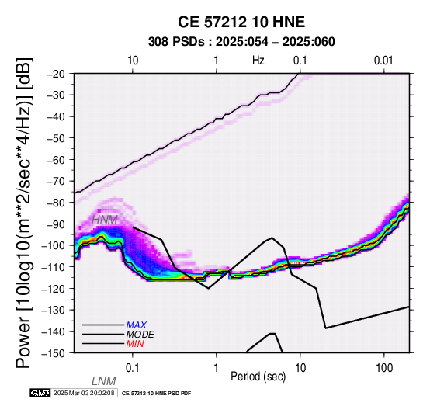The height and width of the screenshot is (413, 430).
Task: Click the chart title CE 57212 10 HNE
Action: point(241,22)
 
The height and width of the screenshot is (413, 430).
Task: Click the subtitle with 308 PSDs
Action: point(241,42)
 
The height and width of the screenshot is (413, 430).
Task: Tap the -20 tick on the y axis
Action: point(57,74)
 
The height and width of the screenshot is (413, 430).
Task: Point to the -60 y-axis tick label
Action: point(57,160)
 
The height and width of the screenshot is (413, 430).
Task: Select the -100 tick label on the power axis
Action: point(54,245)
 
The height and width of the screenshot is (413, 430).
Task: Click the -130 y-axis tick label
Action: point(54,310)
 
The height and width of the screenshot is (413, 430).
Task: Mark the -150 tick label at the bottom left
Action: point(54,353)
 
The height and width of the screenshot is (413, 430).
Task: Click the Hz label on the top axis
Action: point(258,61)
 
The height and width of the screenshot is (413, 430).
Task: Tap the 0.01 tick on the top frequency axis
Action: point(383,61)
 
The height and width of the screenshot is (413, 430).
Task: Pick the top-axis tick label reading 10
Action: point(133,61)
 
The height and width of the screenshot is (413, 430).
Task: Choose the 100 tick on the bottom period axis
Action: point(384,368)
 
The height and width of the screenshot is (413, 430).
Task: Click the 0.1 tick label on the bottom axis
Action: point(132,368)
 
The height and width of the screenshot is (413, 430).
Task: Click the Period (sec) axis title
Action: point(258,377)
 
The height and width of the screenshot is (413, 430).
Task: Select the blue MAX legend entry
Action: point(137,325)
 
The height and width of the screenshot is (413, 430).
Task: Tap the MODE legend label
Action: point(140,335)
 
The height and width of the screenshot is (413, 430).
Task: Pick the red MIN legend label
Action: point(135,344)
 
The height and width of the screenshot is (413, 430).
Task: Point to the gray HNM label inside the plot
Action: point(105,220)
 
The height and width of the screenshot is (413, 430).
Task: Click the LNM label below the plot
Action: point(104,381)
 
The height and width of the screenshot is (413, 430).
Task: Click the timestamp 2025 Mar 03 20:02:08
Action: point(84,393)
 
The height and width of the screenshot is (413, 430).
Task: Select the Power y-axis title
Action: point(24,213)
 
